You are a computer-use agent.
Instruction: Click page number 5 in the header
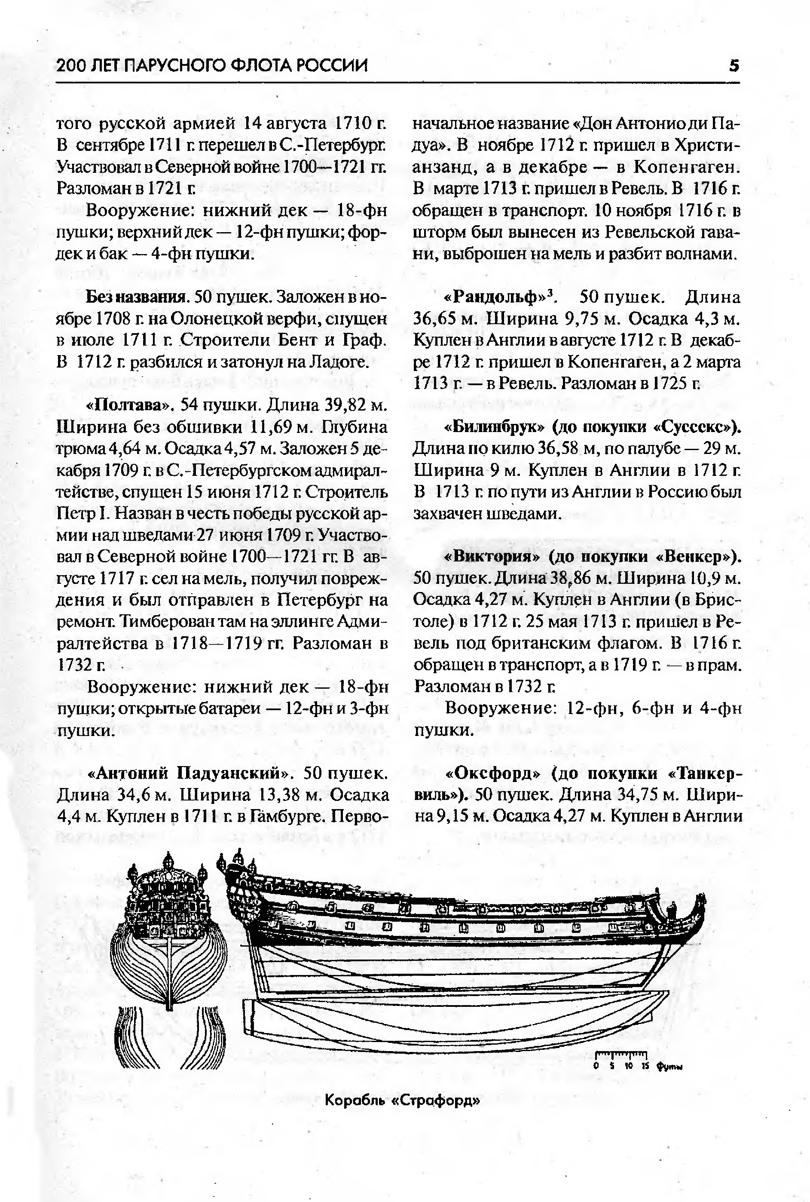pos(734,66)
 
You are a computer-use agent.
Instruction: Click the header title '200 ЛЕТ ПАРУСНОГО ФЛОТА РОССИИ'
pos(212,66)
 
